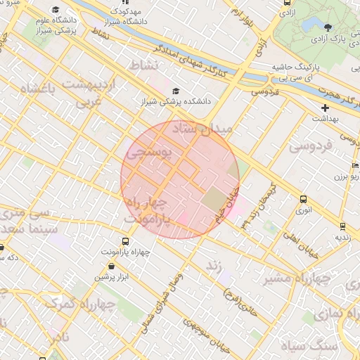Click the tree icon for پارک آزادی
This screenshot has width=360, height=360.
click(328, 28)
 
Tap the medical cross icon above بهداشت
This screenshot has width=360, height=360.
click(325, 108)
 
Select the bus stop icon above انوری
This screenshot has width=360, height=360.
click(303, 200)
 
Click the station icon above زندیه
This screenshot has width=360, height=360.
click(342, 226)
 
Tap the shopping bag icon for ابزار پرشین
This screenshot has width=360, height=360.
click(114, 266)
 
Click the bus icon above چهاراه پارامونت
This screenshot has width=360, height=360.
click(126, 241)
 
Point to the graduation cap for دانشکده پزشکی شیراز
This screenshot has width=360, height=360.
click(176, 91)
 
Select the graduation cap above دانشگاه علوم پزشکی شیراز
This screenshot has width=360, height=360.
click(56, 10)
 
